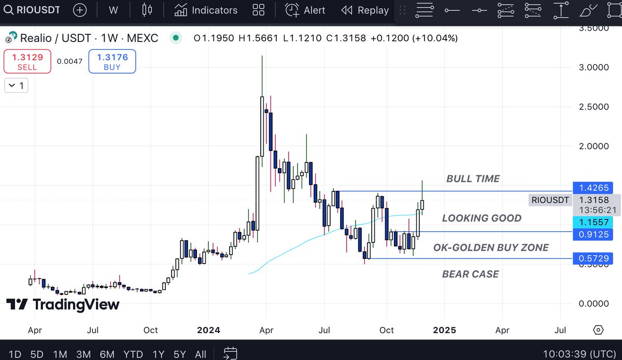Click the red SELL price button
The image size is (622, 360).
27,61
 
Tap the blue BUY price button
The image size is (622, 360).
112,61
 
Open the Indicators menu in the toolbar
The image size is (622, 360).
206,10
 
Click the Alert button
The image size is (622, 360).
306,10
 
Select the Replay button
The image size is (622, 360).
365,10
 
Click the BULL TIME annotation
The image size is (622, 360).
473,179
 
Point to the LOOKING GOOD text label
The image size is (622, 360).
482,218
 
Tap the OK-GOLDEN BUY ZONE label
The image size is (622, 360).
490,248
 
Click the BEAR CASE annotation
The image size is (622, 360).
470,274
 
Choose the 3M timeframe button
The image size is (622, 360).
83,354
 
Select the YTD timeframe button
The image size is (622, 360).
133,354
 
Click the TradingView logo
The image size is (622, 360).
63,305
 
